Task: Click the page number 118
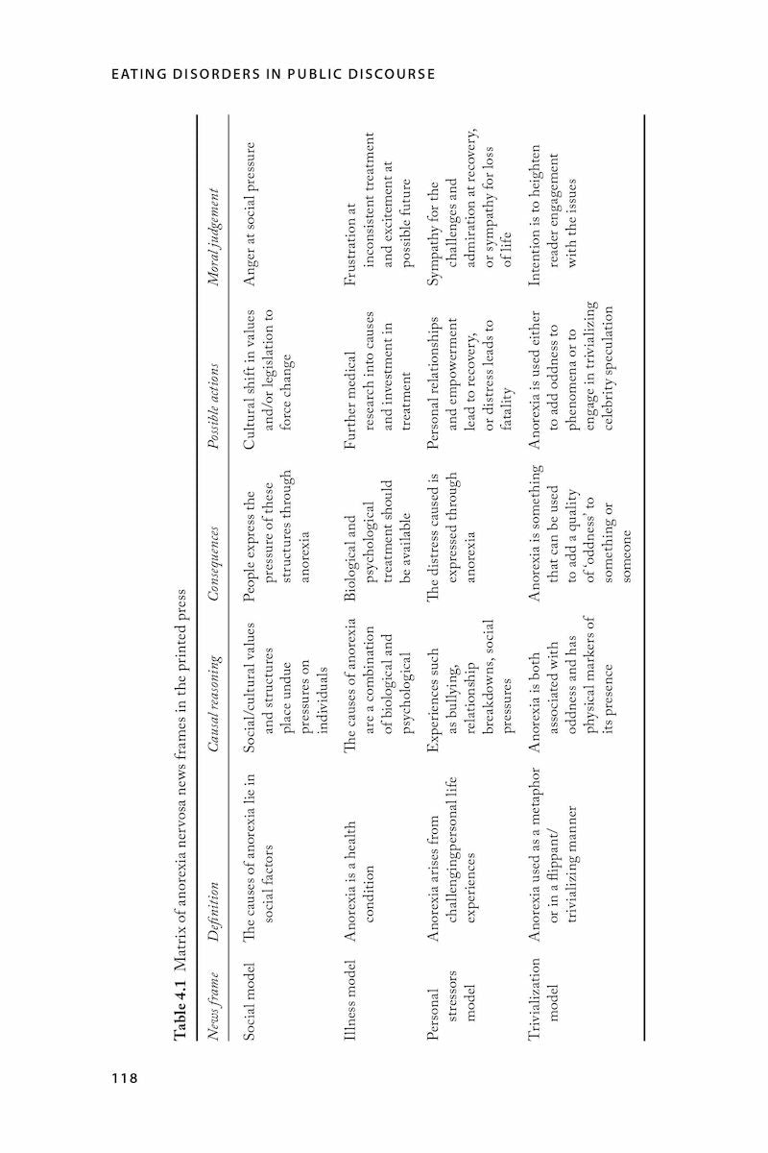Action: pos(124,1077)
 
